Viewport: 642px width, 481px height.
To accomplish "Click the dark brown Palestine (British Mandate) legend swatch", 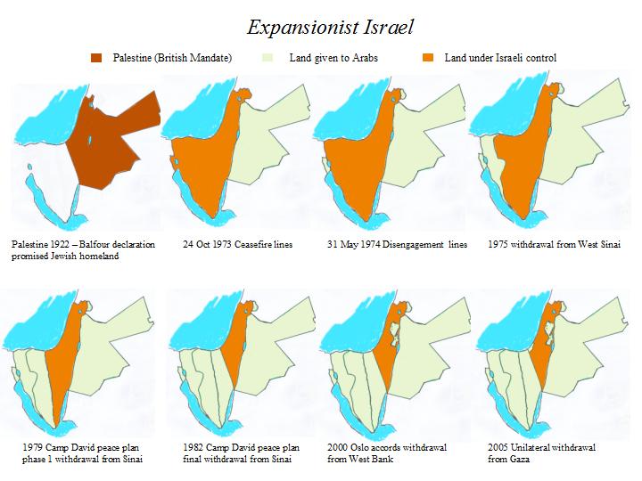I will coord(97,58).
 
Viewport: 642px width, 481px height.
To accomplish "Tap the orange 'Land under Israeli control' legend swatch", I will coord(426,58).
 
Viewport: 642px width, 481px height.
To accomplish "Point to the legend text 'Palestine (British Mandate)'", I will coord(171,58).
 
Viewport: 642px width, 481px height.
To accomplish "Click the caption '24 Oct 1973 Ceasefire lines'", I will coord(237,243).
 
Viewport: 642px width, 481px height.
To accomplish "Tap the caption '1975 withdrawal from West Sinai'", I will coord(555,243).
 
